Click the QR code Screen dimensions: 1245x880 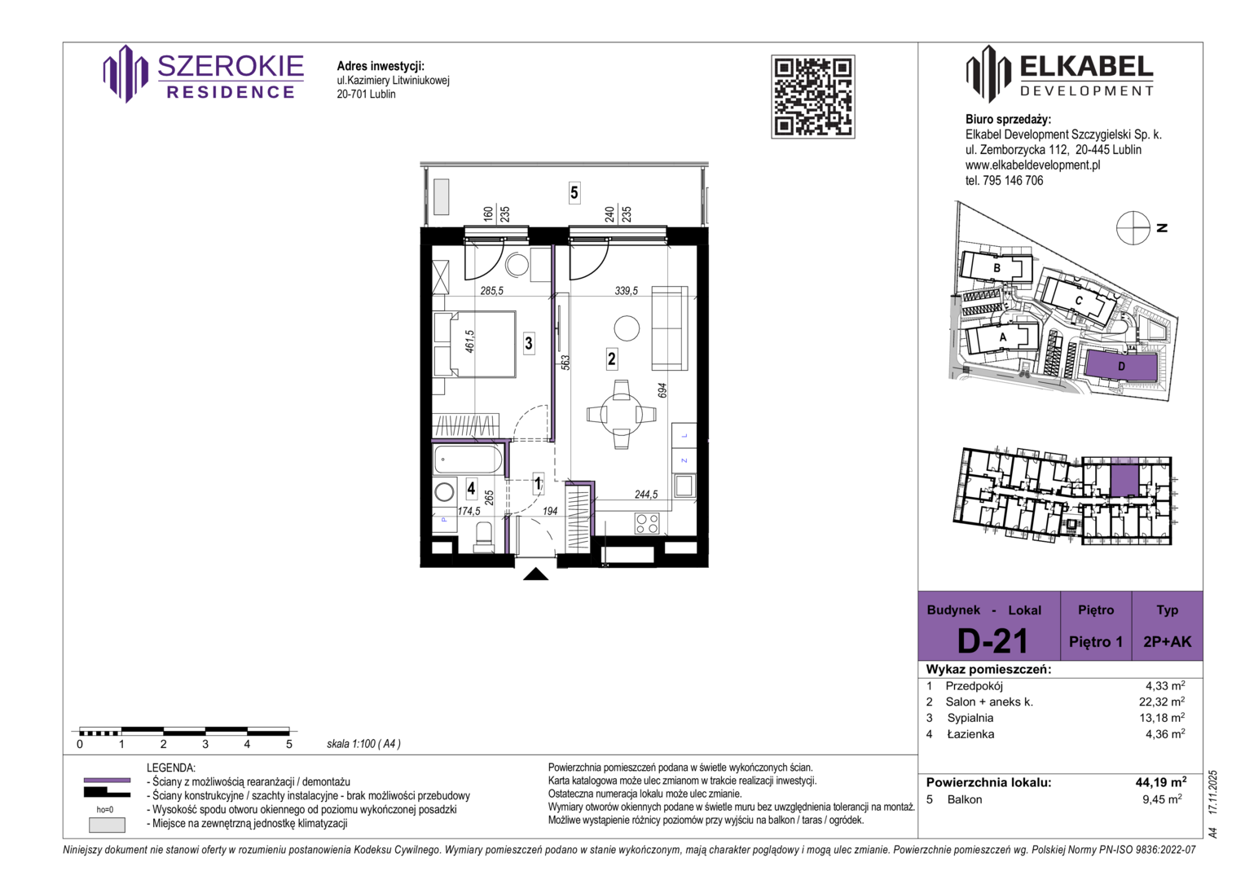click(812, 97)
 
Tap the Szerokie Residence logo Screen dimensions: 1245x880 click(204, 74)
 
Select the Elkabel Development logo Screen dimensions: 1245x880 click(1059, 74)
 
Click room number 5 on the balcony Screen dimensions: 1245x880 click(574, 193)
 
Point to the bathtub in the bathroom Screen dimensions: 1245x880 click(468, 460)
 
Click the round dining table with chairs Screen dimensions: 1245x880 click(622, 414)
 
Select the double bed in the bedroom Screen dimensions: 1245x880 click(475, 345)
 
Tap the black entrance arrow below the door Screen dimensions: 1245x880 click(536, 574)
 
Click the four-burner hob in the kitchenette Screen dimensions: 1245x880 click(647, 523)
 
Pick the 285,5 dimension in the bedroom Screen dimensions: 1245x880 click(491, 290)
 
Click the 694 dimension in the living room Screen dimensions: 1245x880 click(662, 390)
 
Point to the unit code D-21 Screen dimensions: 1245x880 click(992, 640)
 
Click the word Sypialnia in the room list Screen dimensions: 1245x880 click(970, 718)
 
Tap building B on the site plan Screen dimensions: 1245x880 click(996, 269)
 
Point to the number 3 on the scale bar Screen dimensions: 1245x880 click(205, 744)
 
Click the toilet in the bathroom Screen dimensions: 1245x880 click(484, 537)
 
